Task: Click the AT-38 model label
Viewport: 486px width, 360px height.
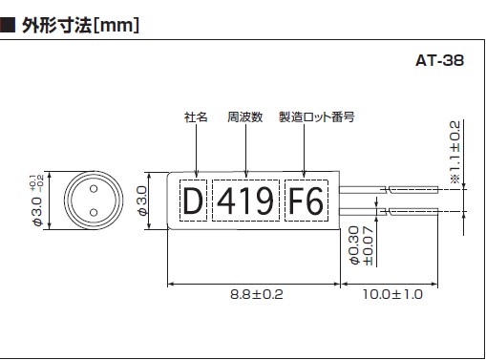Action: [439, 60]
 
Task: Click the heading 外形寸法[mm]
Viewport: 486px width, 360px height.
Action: [81, 25]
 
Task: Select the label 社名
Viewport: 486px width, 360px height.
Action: [196, 117]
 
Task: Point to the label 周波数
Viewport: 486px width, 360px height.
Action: [245, 117]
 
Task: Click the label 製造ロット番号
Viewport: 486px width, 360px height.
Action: [317, 117]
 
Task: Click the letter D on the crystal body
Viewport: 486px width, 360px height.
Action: [193, 201]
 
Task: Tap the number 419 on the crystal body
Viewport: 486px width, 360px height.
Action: [245, 201]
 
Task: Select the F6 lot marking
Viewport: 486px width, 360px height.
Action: [306, 201]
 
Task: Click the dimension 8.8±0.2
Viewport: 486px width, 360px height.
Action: [257, 294]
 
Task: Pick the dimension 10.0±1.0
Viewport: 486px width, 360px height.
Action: [392, 294]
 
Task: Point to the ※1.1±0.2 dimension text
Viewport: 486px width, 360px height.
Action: [455, 152]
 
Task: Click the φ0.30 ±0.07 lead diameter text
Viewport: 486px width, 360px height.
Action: [361, 245]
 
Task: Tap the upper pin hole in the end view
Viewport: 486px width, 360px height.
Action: [94, 189]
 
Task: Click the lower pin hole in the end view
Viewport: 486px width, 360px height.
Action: [94, 212]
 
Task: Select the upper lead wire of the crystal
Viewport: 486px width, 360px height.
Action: [389, 190]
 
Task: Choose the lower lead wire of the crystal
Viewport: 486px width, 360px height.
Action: [389, 211]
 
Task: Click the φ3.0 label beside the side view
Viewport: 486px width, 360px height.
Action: [142, 201]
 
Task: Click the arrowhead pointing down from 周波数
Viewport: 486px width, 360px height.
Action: [245, 174]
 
